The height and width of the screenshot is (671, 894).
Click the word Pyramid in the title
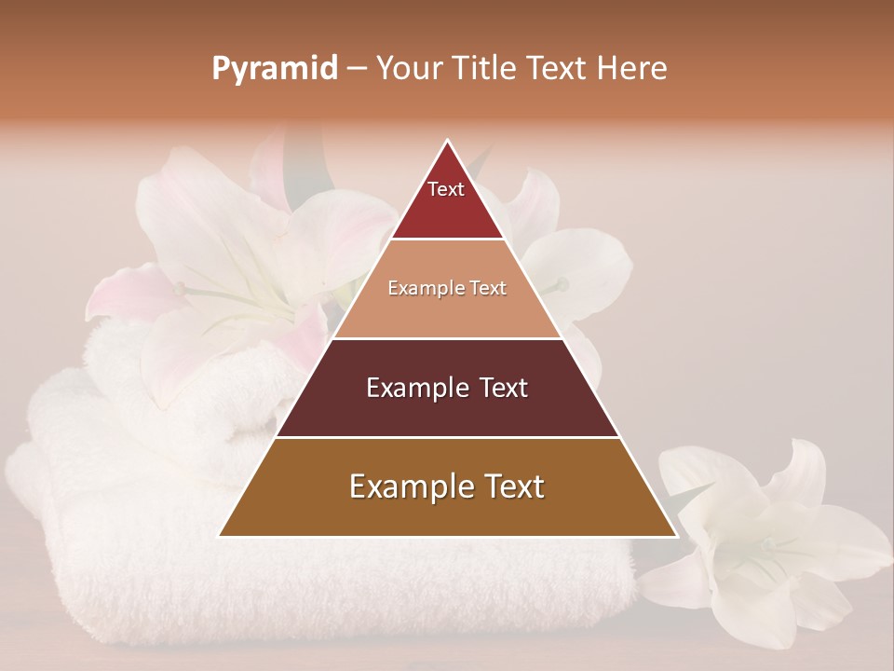[275, 69]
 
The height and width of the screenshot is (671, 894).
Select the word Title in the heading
[484, 68]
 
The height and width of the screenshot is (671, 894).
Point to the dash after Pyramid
[356, 69]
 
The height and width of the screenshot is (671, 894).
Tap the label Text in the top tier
[446, 189]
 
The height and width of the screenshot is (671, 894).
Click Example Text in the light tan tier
[447, 289]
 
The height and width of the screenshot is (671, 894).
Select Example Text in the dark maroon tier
[447, 388]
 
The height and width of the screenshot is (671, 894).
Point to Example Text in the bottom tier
[447, 486]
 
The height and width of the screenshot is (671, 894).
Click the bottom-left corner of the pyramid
[220, 536]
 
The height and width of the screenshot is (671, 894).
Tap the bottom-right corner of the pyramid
[676, 536]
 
